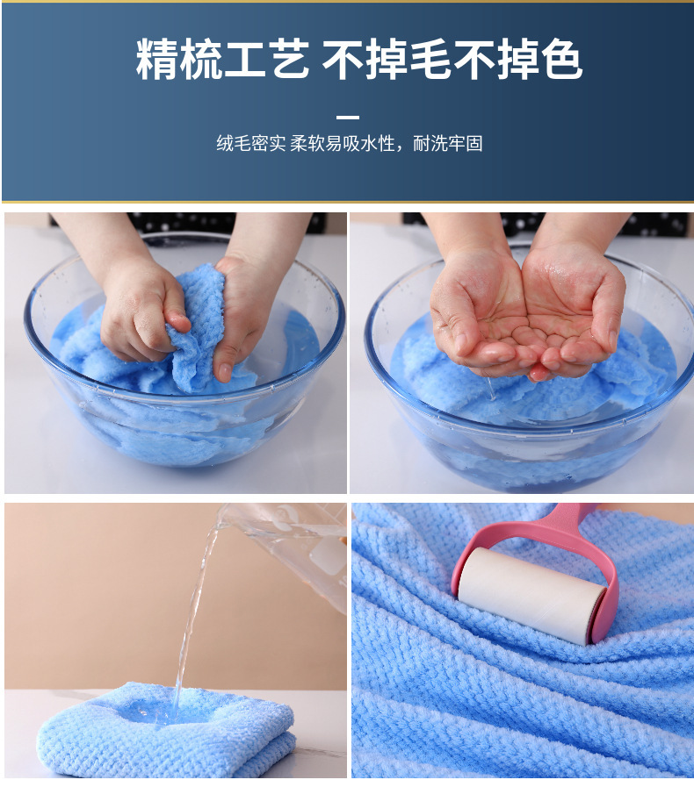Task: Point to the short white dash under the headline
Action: (348, 118)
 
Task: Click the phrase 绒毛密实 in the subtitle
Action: (251, 144)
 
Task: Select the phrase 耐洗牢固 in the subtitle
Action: (448, 144)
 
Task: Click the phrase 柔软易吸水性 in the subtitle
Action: (343, 144)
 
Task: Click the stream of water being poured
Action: (193, 618)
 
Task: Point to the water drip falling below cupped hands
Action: (490, 389)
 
